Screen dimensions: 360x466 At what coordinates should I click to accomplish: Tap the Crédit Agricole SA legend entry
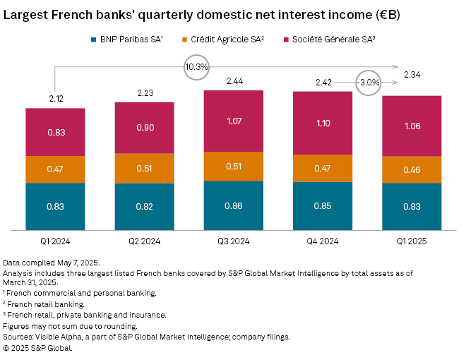click(x=228, y=40)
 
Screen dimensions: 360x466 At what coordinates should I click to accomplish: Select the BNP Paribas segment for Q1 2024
click(x=56, y=206)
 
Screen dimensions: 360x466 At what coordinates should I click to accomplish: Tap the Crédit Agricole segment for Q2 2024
click(x=145, y=169)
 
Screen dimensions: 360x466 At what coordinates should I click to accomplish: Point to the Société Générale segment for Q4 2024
click(x=323, y=124)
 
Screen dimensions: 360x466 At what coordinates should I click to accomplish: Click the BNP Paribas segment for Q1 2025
click(x=412, y=206)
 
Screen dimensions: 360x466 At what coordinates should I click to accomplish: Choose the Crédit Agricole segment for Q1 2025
click(x=412, y=170)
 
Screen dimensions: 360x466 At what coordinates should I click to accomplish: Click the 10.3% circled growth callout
click(x=196, y=67)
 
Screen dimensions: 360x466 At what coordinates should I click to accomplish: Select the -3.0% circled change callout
click(x=369, y=83)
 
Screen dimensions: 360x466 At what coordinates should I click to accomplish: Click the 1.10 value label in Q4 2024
click(x=323, y=124)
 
